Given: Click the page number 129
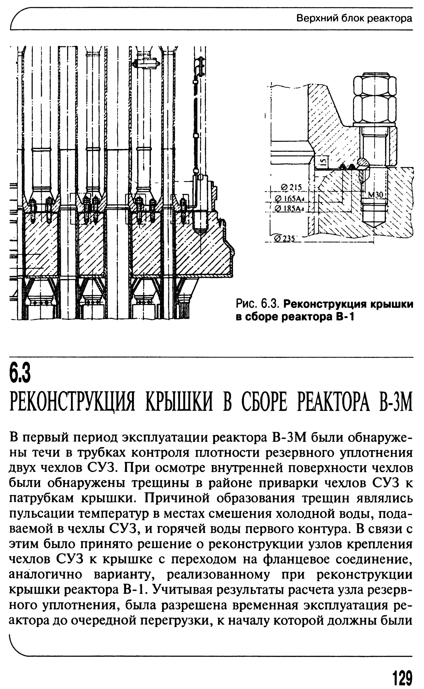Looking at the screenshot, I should click(402, 674).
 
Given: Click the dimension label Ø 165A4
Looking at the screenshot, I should click(290, 198).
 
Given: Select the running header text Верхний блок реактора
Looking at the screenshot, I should click(354, 19).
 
